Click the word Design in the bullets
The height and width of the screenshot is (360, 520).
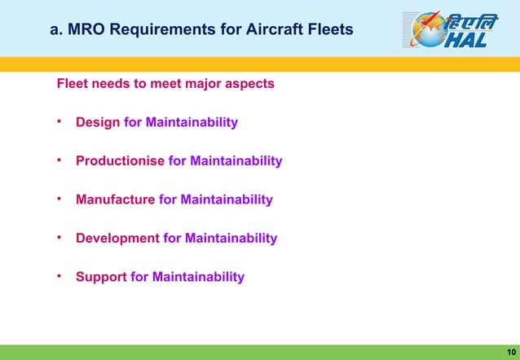tap(98, 122)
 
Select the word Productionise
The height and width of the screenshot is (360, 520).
tap(120, 160)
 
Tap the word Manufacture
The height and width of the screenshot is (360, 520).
tap(115, 199)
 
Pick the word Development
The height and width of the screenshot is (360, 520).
tap(117, 238)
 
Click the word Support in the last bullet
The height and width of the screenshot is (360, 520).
tap(101, 276)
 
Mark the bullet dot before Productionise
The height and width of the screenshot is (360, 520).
tap(59, 160)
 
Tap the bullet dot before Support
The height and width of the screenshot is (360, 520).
tap(59, 276)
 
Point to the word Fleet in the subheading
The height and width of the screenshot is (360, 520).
tap(72, 83)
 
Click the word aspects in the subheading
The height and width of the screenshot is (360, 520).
tap(250, 83)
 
